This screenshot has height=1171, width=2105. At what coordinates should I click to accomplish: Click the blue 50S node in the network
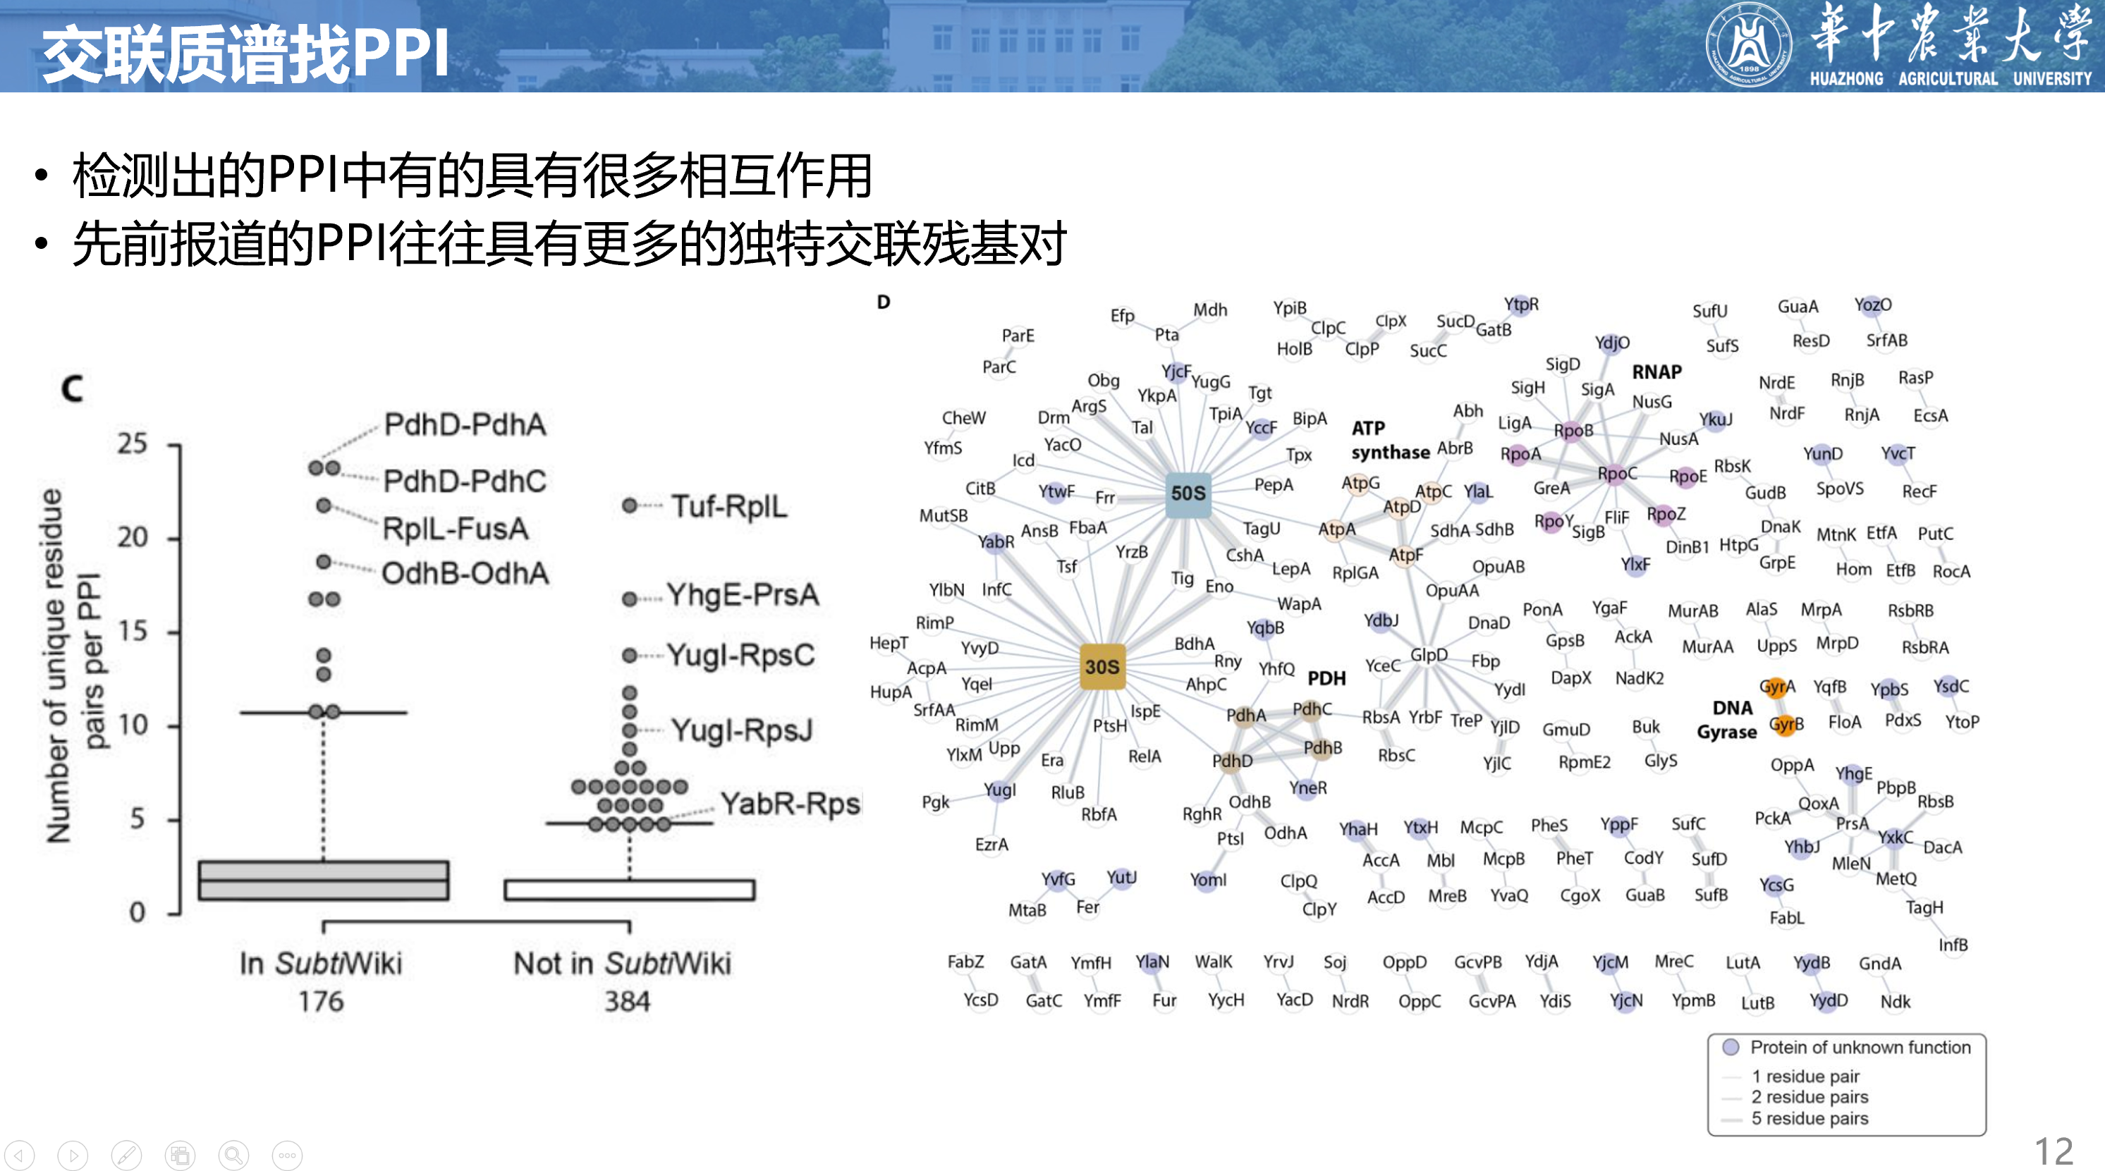[1188, 493]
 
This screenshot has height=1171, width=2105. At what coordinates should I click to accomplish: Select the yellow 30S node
[1102, 667]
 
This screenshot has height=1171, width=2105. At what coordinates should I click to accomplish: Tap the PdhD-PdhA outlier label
[465, 425]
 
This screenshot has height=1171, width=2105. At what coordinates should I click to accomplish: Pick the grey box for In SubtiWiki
[324, 880]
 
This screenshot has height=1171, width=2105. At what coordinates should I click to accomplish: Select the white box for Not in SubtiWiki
[629, 889]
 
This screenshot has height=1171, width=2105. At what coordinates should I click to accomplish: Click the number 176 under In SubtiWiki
[321, 1001]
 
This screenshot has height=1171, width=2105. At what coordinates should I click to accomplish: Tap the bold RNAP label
[1656, 372]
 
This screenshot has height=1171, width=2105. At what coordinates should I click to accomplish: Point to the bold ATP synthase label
[1389, 440]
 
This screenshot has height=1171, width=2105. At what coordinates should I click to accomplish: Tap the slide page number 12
[2053, 1151]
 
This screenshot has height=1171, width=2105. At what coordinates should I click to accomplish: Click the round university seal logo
[1748, 45]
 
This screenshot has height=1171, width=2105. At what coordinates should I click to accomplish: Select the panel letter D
[884, 302]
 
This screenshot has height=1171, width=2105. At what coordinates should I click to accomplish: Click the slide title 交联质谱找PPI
[245, 54]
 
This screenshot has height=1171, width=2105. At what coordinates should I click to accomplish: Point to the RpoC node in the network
[1616, 474]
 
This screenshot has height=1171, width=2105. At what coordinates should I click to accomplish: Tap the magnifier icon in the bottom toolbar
[233, 1155]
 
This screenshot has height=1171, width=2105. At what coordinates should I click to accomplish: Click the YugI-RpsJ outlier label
[741, 730]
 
